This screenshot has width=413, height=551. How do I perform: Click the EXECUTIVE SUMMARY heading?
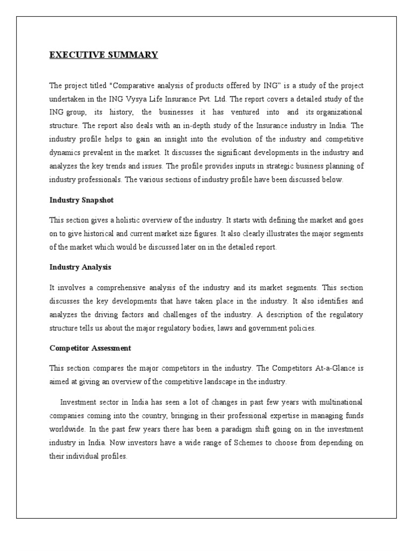click(x=104, y=55)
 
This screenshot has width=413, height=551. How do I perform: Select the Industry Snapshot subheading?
click(x=81, y=200)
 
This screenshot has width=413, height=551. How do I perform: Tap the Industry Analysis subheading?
click(x=80, y=267)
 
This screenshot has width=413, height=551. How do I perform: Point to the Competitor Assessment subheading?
click(x=90, y=348)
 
